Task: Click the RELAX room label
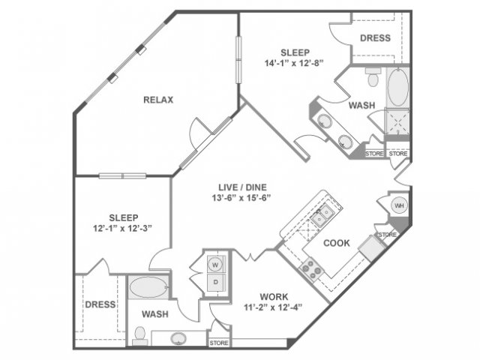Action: [158, 100]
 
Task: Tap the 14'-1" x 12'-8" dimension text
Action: [294, 63]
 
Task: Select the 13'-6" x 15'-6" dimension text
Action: [241, 198]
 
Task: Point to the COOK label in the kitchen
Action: [337, 243]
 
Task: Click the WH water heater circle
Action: [400, 205]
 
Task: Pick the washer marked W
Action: [215, 265]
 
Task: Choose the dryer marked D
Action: [216, 282]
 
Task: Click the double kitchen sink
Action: [322, 215]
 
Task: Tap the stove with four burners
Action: [312, 269]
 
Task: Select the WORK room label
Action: [274, 297]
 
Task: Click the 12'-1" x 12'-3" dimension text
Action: [123, 228]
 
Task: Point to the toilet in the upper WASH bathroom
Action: [373, 76]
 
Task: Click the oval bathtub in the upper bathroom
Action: [397, 88]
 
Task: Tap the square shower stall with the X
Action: [397, 122]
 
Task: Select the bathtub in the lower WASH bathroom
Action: [148, 287]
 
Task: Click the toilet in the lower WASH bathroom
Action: [140, 337]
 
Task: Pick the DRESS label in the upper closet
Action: [375, 38]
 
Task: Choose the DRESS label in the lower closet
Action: [100, 304]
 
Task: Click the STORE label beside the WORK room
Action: [219, 343]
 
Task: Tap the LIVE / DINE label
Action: [242, 187]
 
